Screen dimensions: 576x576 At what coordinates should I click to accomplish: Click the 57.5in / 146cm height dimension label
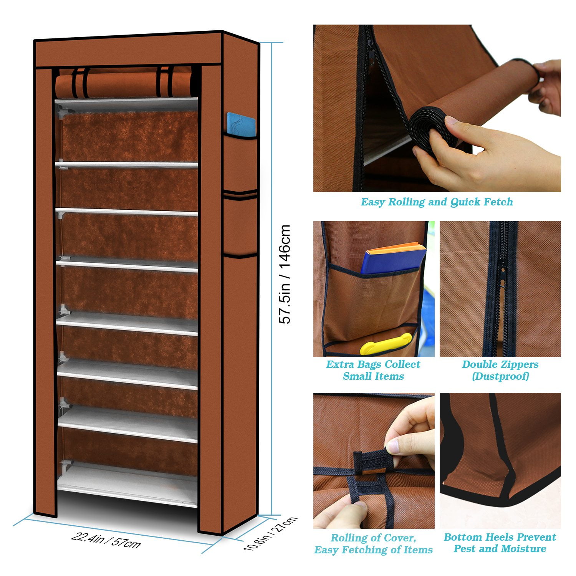(285, 275)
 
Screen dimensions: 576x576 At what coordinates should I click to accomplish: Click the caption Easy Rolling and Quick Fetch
(437, 202)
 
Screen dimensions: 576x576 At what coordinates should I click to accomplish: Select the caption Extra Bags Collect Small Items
(373, 370)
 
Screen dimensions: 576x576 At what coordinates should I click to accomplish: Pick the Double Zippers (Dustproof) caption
(500, 370)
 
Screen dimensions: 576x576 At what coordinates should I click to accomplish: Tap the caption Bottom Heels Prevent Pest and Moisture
(500, 543)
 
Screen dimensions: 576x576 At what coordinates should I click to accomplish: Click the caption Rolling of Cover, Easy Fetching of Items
(373, 544)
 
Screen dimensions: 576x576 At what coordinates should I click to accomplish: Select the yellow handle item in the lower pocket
(385, 343)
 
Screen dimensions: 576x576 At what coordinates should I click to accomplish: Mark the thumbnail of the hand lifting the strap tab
(374, 461)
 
